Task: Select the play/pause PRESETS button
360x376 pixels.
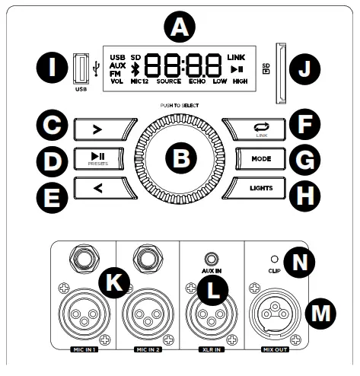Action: (x=97, y=158)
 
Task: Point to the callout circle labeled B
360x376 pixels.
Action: (x=180, y=158)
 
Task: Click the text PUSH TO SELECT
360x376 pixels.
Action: (x=180, y=104)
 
